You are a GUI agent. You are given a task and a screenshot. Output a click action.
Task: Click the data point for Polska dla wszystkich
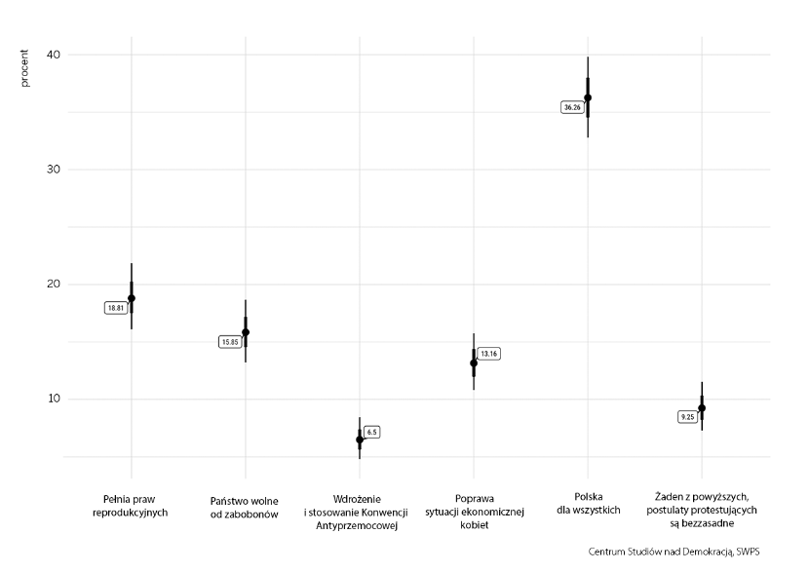click(x=588, y=97)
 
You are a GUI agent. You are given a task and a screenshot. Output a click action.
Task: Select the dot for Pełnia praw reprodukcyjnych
click(x=132, y=298)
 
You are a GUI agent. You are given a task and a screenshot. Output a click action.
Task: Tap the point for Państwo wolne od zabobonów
click(x=246, y=332)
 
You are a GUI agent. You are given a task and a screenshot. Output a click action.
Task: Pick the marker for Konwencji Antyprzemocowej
click(x=360, y=439)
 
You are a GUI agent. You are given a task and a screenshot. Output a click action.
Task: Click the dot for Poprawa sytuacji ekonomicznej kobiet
click(x=474, y=362)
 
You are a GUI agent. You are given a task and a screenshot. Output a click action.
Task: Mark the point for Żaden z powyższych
click(x=702, y=408)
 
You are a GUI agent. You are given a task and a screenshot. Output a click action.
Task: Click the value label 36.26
click(x=572, y=107)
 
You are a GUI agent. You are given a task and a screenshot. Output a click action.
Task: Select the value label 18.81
click(x=116, y=308)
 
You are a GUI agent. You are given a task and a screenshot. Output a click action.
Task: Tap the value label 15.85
click(x=230, y=342)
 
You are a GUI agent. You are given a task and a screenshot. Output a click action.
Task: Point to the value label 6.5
click(x=371, y=431)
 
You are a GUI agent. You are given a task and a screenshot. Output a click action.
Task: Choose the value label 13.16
click(x=489, y=354)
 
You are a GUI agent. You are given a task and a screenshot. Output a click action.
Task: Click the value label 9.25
click(x=687, y=417)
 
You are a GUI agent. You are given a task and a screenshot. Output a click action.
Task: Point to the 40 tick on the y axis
click(x=54, y=55)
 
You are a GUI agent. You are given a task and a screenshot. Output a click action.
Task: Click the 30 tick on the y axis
click(x=54, y=170)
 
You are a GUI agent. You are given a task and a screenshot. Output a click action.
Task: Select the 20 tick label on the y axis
click(x=54, y=285)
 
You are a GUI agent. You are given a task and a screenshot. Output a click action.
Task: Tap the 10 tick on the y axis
click(x=54, y=399)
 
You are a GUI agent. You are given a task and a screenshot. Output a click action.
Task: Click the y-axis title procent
click(x=25, y=70)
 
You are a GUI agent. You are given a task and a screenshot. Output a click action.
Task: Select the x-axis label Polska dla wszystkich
click(x=588, y=505)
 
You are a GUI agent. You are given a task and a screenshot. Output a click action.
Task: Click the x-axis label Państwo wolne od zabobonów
click(x=246, y=507)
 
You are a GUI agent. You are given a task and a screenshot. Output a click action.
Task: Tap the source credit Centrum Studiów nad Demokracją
click(x=674, y=552)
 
